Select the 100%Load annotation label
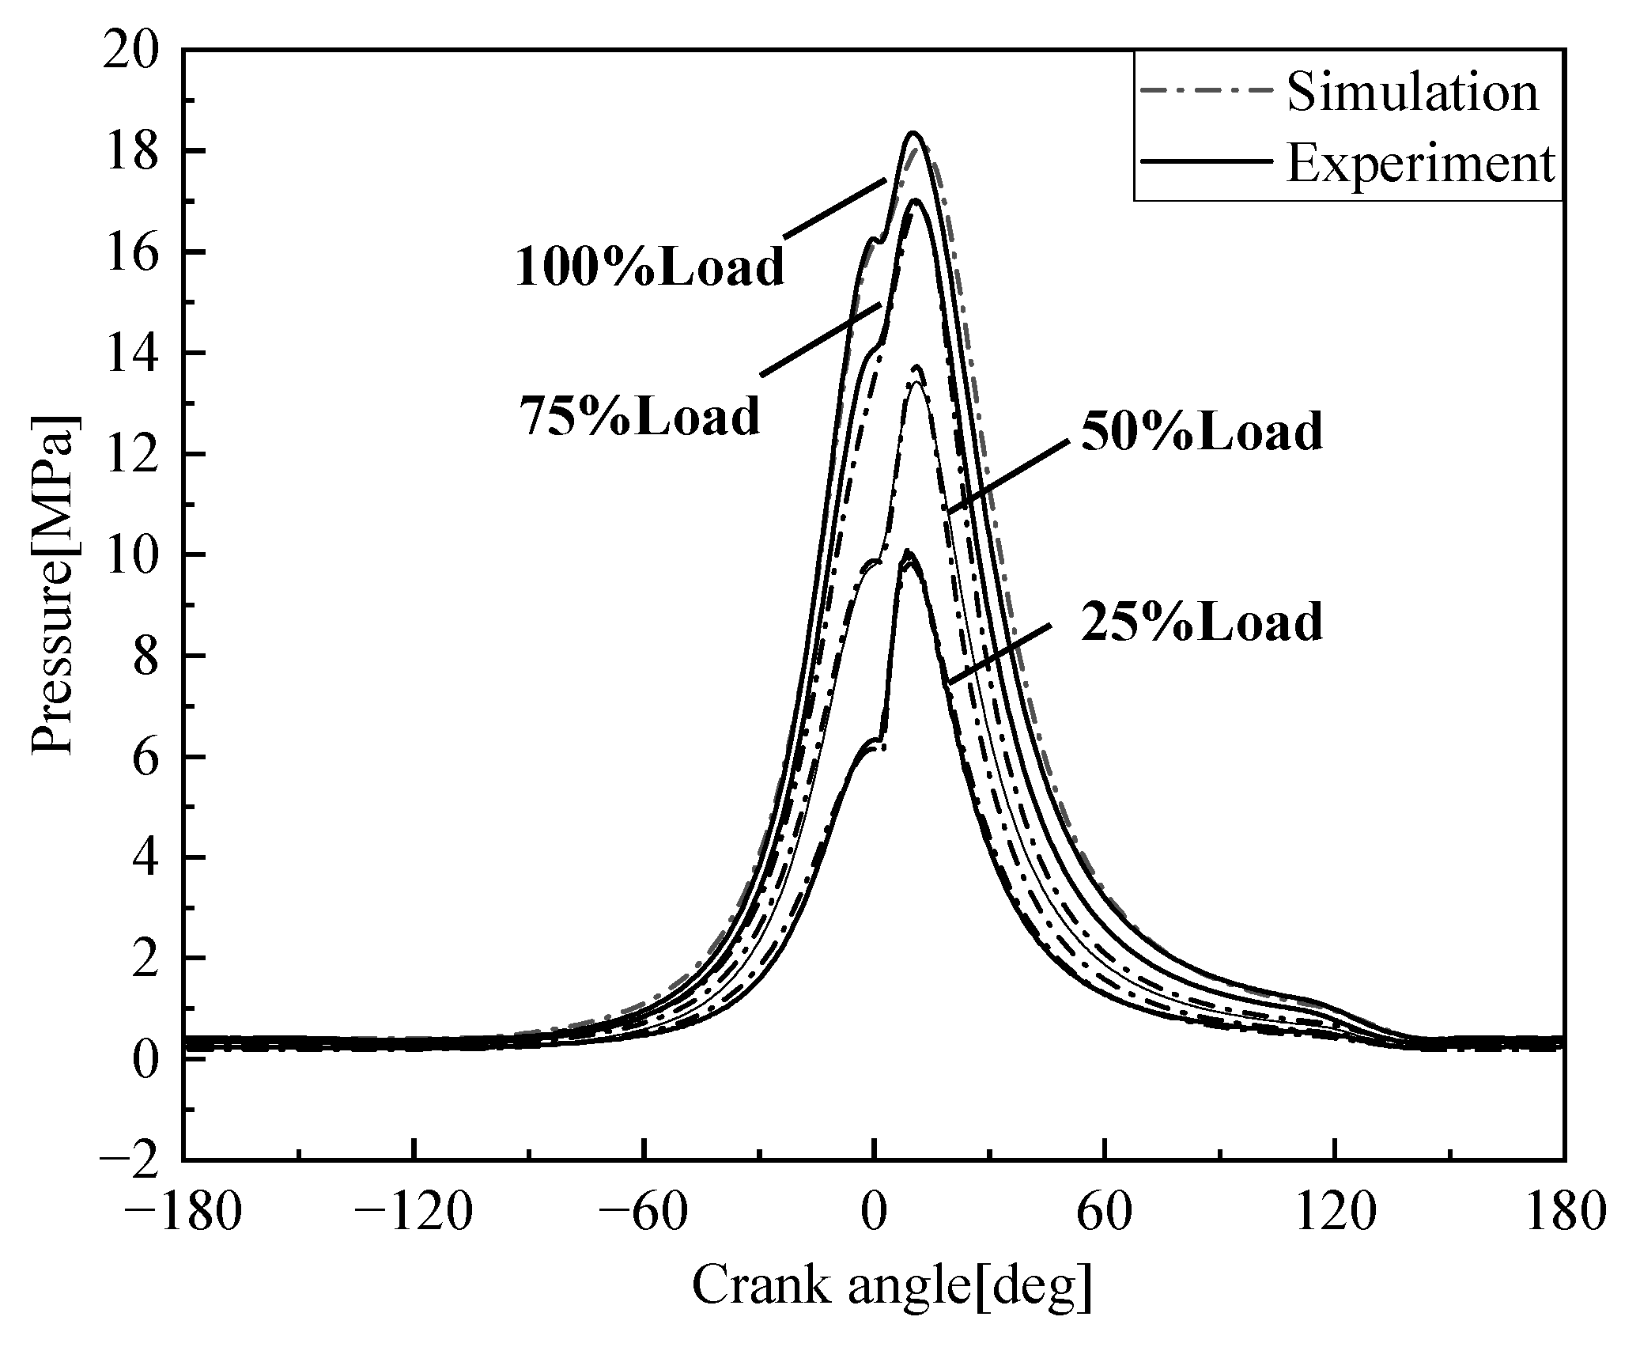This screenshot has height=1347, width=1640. (x=650, y=267)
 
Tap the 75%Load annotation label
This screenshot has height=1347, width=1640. (x=639, y=415)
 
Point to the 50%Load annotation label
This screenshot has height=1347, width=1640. (x=1201, y=432)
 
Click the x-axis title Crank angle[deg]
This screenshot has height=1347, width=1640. (x=893, y=1285)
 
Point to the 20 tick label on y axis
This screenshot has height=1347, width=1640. (x=140, y=51)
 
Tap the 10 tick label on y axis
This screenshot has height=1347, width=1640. (x=140, y=555)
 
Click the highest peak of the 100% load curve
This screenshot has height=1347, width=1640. (x=913, y=134)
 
